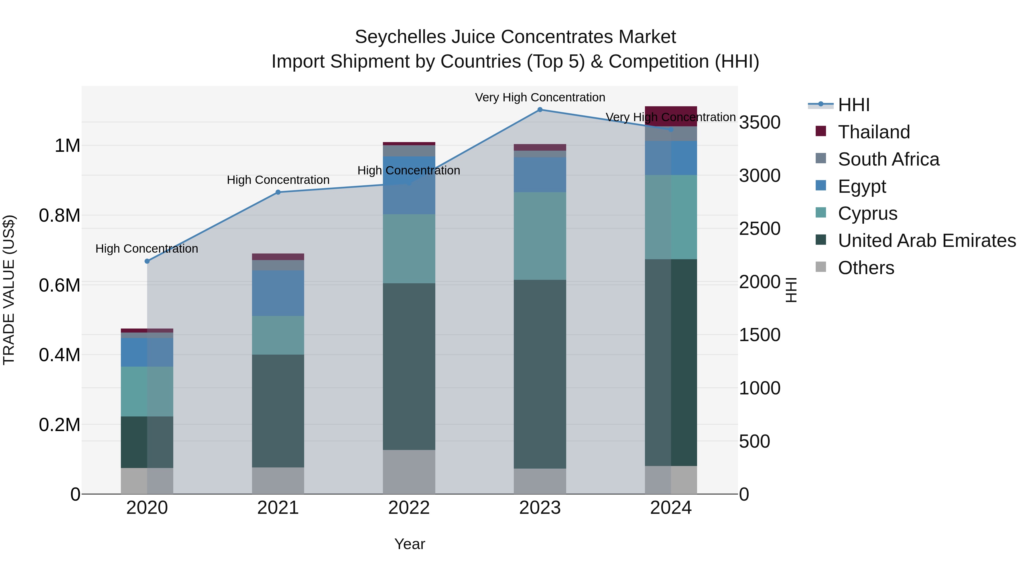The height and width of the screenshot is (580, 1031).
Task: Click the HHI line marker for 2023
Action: (x=540, y=110)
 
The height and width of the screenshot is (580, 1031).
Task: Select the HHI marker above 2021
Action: (x=278, y=192)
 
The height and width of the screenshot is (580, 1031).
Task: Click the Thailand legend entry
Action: (x=874, y=132)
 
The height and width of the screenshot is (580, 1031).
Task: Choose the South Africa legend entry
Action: (x=888, y=159)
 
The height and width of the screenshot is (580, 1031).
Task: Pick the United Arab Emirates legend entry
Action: (x=926, y=241)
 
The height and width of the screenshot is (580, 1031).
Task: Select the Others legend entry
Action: (x=866, y=268)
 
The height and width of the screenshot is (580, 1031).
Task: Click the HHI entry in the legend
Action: (x=853, y=105)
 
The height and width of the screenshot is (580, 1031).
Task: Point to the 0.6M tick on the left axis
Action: (x=59, y=285)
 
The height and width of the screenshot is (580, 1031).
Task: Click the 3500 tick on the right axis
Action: (x=759, y=123)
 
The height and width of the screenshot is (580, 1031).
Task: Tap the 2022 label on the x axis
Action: (x=409, y=508)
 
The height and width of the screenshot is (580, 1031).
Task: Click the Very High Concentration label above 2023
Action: (x=540, y=97)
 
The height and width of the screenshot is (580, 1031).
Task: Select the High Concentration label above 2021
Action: (x=278, y=180)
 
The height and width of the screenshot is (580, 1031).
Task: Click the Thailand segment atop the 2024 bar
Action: (x=671, y=116)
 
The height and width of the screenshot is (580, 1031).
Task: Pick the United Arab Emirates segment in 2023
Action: (x=540, y=374)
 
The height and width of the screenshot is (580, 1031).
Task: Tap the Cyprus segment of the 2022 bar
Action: (x=409, y=249)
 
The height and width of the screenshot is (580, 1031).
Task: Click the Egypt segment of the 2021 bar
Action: (x=278, y=293)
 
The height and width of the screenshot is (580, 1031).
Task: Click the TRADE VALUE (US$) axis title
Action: (x=9, y=290)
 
